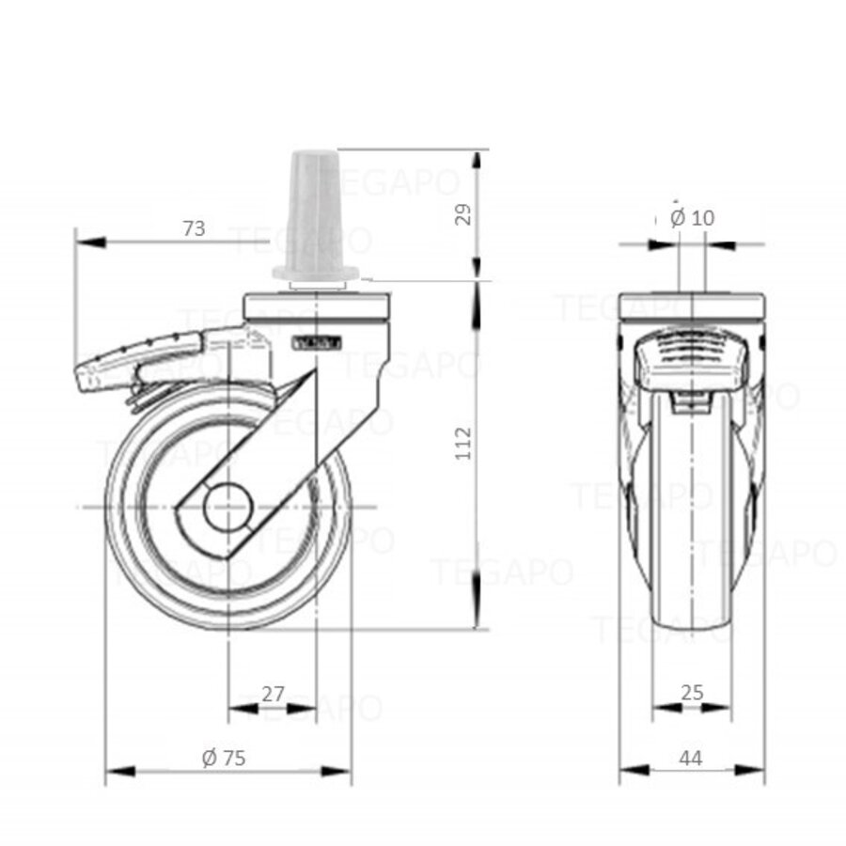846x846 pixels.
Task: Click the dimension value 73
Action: (194, 227)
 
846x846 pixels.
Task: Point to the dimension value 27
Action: (273, 694)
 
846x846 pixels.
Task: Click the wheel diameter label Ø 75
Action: (224, 758)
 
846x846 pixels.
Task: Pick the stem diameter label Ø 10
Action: (693, 217)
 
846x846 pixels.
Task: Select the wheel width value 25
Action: (692, 693)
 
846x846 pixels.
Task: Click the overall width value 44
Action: (692, 758)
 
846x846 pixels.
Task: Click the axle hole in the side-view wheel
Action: (228, 509)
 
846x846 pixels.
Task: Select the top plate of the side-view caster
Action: (316, 307)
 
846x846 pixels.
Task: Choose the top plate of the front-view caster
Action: (693, 307)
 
